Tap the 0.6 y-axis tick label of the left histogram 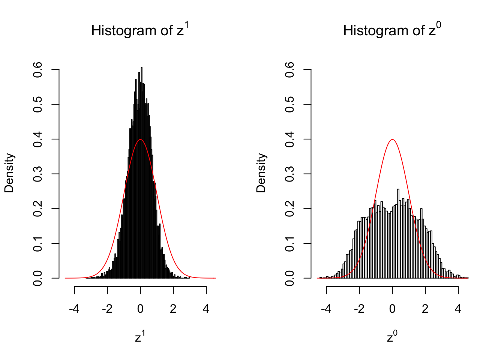pyautogui.click(x=37, y=70)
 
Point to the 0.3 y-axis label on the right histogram pyautogui.click(x=289, y=174)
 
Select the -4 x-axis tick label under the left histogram pyautogui.click(x=74, y=309)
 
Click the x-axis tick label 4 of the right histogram pyautogui.click(x=458, y=309)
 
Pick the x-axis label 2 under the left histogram pyautogui.click(x=173, y=309)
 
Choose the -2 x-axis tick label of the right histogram pyautogui.click(x=359, y=309)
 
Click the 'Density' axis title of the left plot pyautogui.click(x=9, y=173)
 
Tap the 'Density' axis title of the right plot pyautogui.click(x=261, y=173)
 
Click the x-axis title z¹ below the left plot pyautogui.click(x=140, y=337)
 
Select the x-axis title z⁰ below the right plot pyautogui.click(x=392, y=337)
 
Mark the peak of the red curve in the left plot pyautogui.click(x=140, y=140)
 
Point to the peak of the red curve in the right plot pyautogui.click(x=392, y=140)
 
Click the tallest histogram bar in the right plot pyautogui.click(x=398, y=232)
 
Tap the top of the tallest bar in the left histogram pyautogui.click(x=141, y=68)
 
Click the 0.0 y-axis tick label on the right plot pyautogui.click(x=289, y=278)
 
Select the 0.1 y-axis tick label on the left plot pyautogui.click(x=37, y=243)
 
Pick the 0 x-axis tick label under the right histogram pyautogui.click(x=392, y=309)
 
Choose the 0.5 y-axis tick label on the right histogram pyautogui.click(x=289, y=105)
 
